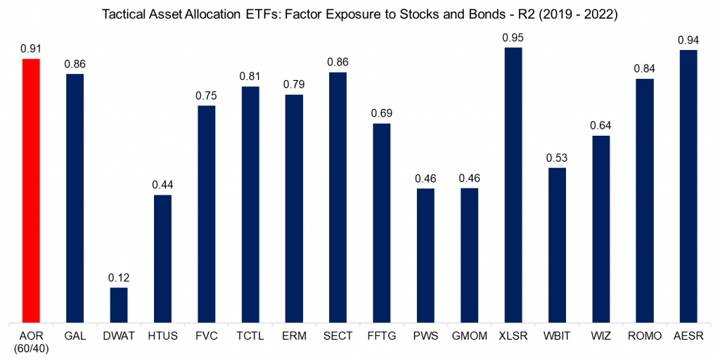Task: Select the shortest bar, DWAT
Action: coord(118,304)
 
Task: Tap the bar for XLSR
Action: coord(513,184)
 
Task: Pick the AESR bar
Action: coord(688,186)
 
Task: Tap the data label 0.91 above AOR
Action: coord(31,49)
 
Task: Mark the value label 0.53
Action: coord(557,158)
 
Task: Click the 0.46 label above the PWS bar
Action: coord(425,179)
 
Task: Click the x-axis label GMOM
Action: coord(469,337)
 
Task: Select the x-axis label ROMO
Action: coord(644,337)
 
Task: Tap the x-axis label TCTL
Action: coord(250,337)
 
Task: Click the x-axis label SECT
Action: coord(337,337)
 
